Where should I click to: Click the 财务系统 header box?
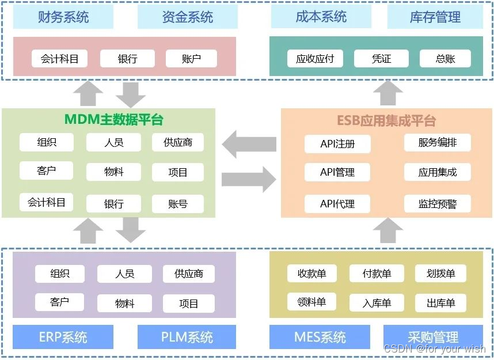[63, 17]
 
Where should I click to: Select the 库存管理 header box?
[435, 17]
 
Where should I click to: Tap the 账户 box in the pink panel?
[191, 58]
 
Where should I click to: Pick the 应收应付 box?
[314, 58]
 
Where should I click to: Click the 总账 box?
[445, 58]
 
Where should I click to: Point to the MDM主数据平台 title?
[113, 120]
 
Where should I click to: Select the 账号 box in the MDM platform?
[178, 204]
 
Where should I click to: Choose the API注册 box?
[337, 144]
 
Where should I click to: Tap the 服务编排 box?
[438, 142]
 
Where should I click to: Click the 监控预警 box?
[438, 203]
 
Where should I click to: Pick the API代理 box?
[337, 203]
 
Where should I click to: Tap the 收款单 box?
[311, 273]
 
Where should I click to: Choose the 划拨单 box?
[440, 273]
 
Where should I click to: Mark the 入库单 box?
[377, 303]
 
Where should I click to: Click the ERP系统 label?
[63, 337]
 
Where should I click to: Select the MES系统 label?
[320, 337]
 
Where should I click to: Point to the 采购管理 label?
[433, 337]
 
